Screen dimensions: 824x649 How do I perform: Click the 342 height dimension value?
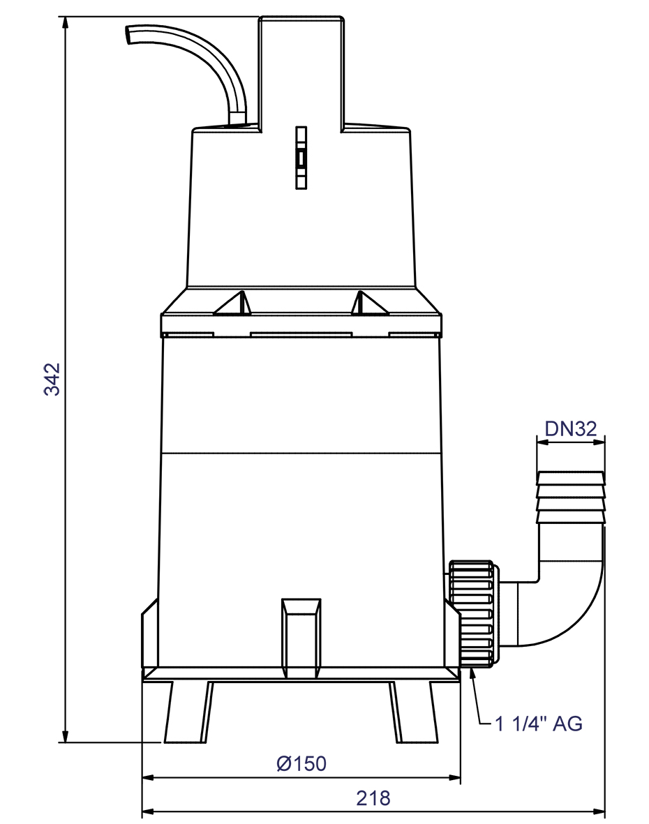pos(53,379)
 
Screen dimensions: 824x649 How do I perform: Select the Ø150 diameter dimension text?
pos(301,763)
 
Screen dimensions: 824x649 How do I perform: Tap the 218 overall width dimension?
pos(373,798)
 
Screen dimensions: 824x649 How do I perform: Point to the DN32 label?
pos(571,428)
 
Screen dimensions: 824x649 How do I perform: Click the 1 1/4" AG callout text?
pos(538,724)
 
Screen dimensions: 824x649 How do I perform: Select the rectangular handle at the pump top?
pos(301,70)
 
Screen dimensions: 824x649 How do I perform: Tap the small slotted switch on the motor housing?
pos(301,158)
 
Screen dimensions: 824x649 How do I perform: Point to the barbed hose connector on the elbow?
pos(571,497)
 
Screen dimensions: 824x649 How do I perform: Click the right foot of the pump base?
pos(415,712)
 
